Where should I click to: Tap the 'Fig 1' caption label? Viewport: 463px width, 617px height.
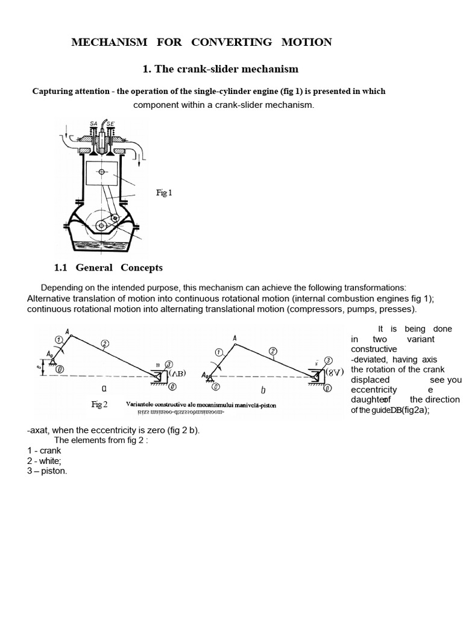pyautogui.click(x=164, y=193)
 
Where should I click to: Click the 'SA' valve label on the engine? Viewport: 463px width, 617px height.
pyautogui.click(x=93, y=124)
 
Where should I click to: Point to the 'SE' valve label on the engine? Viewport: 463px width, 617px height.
pyautogui.click(x=110, y=124)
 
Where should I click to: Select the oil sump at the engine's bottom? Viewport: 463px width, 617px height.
pyautogui.click(x=101, y=244)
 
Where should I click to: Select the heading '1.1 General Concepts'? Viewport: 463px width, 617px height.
pyautogui.click(x=109, y=268)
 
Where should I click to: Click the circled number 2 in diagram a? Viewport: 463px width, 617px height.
pyautogui.click(x=105, y=344)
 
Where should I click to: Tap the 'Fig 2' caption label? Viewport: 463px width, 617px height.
pyautogui.click(x=99, y=404)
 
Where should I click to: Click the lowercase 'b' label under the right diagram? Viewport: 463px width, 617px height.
pyautogui.click(x=263, y=390)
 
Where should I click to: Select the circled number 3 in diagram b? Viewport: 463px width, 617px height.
pyautogui.click(x=329, y=360)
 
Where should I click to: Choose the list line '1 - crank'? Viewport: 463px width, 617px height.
pyautogui.click(x=44, y=450)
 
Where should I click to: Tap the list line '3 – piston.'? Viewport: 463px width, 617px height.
pyautogui.click(x=47, y=471)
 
